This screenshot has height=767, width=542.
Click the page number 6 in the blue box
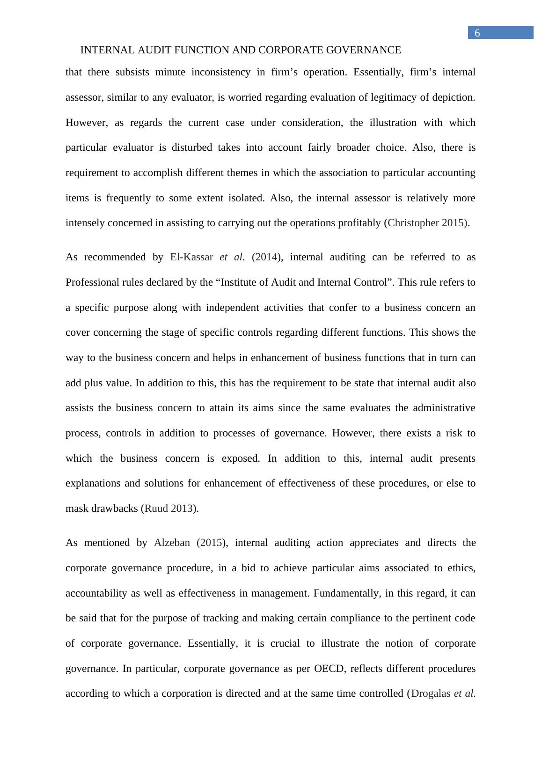coord(477,33)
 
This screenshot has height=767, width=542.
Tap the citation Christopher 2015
coord(426,223)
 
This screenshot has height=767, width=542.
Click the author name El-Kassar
coord(191,257)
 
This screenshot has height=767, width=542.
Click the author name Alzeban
coord(172,543)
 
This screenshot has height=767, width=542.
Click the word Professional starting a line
coord(92,282)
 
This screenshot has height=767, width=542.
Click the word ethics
coord(462,568)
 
